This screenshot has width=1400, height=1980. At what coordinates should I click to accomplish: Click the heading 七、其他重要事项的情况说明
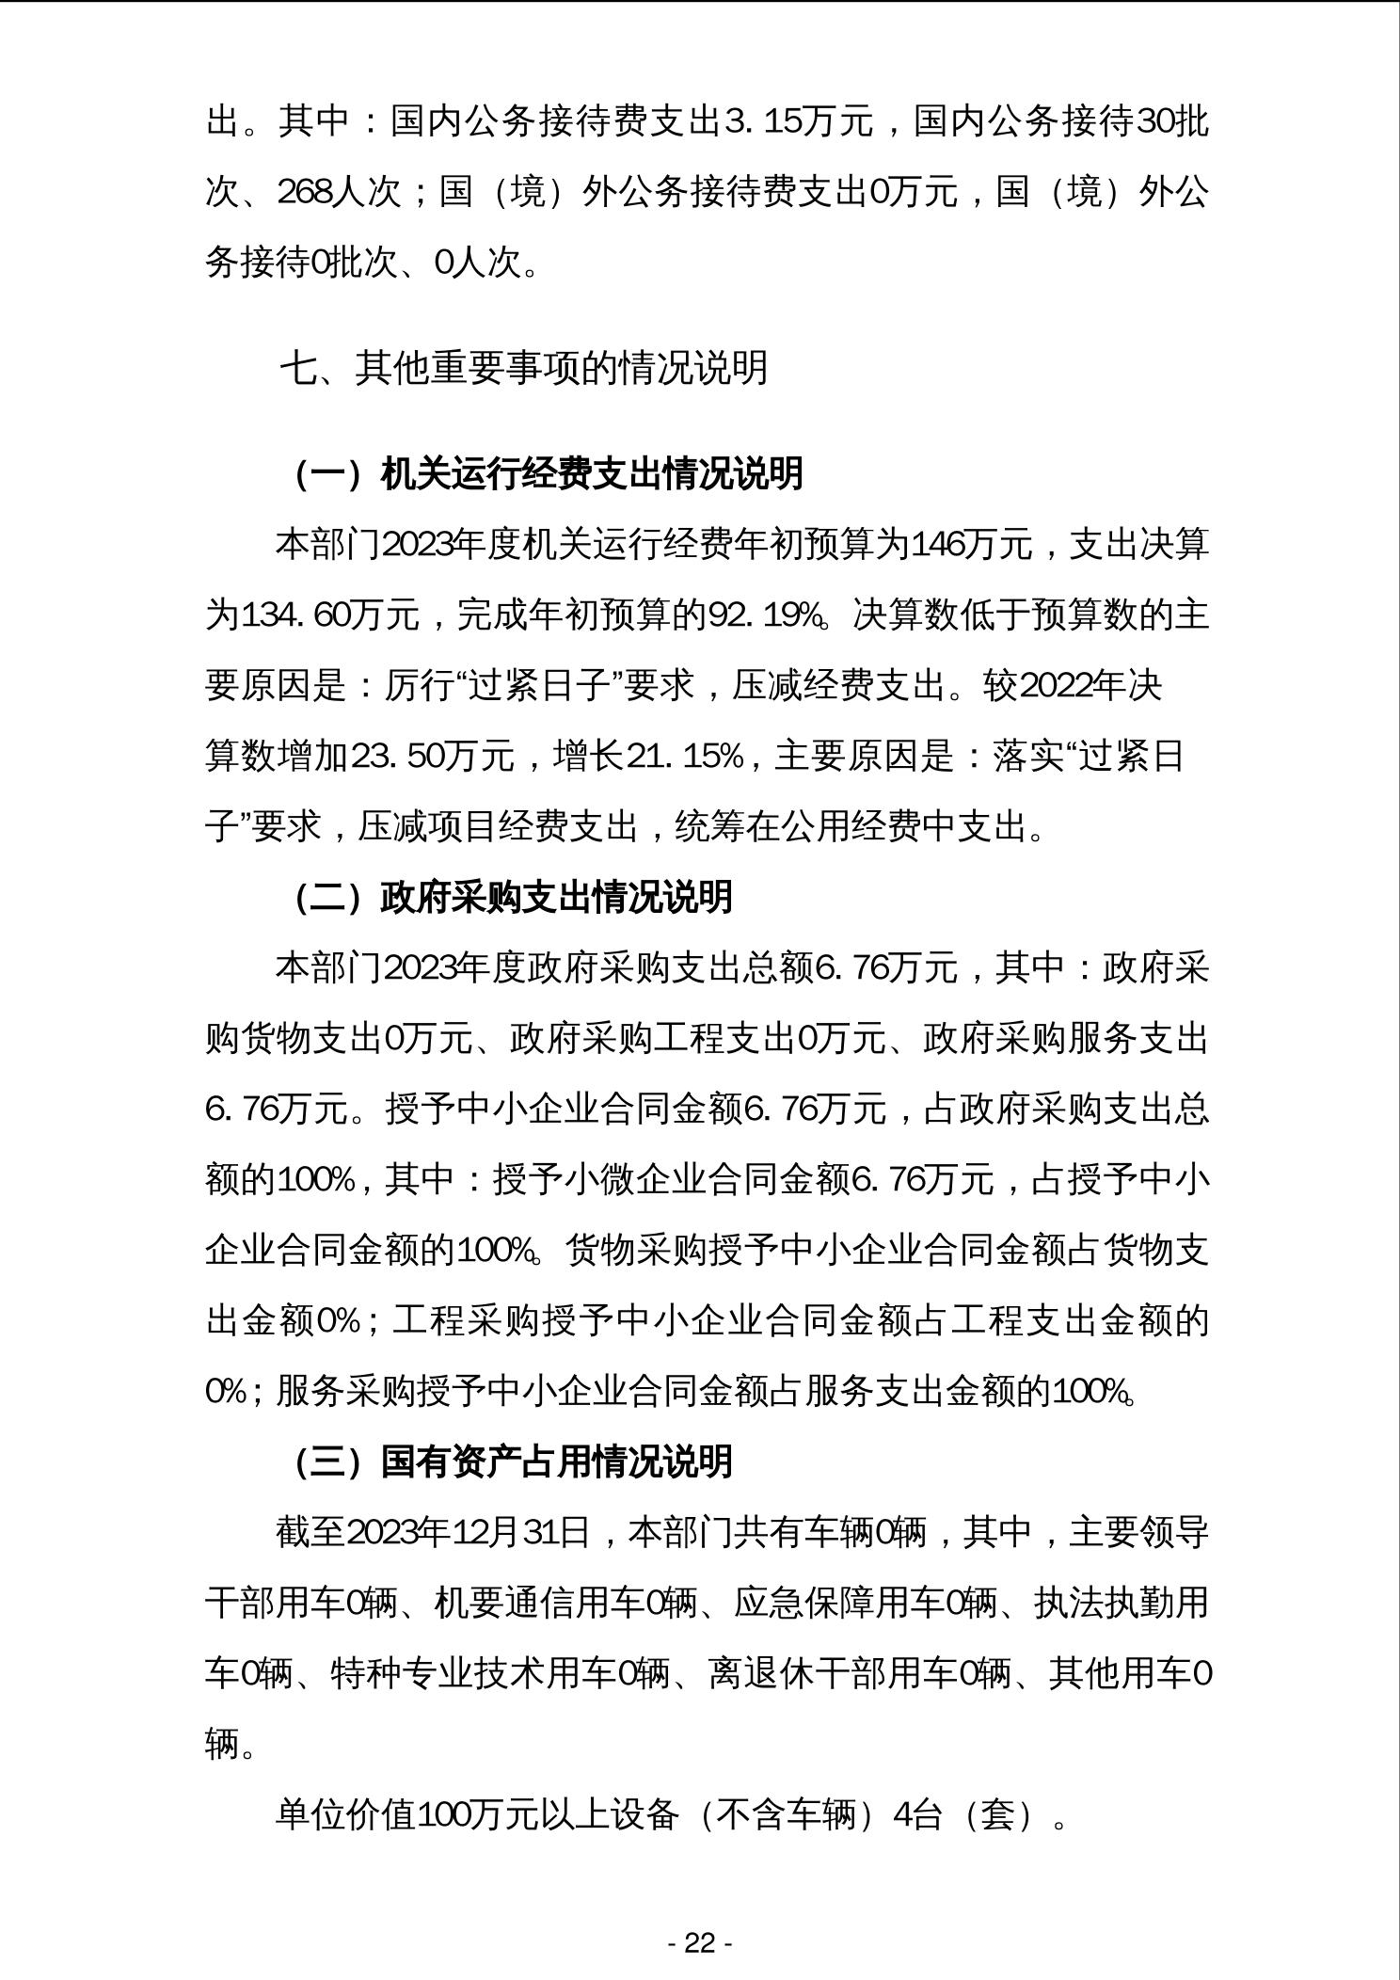523,368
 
